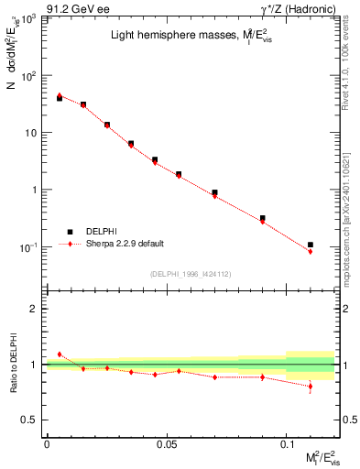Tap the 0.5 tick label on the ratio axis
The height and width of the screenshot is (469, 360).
32,420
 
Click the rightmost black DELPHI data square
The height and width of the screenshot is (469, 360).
311,245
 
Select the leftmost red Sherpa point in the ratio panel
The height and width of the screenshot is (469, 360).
60,354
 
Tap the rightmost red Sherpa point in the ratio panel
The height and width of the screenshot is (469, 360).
311,387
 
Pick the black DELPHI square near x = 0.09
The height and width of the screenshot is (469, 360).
263,218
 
